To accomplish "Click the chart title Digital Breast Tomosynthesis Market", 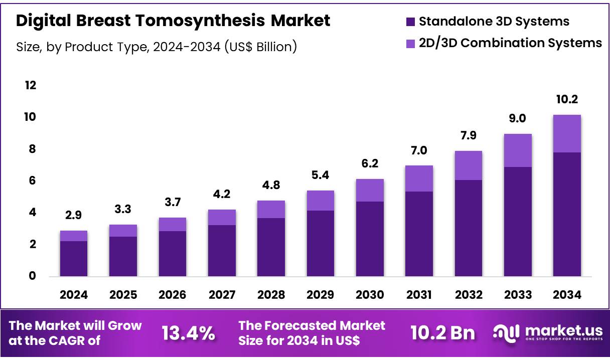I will (173, 21).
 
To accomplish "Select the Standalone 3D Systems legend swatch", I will (410, 22).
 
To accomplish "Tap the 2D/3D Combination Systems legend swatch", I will (410, 43).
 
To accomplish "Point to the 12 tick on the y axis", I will (31, 85).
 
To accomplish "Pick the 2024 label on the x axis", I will (74, 295).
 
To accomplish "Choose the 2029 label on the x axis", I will (320, 295).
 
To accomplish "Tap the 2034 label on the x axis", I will (567, 295).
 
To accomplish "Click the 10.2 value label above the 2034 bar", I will (567, 100).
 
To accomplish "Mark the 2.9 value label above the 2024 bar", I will (74, 216).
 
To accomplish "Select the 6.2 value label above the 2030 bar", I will (370, 163).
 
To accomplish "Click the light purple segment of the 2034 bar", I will (567, 133).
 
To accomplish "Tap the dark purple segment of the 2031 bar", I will (419, 233).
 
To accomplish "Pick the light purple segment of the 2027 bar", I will (222, 217).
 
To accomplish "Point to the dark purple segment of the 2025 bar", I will (123, 256).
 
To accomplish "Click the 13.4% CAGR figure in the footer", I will (189, 332).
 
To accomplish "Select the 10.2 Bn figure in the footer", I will (442, 332).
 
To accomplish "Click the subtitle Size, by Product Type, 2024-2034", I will (157, 47).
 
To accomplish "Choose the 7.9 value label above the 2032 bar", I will (468, 136).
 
